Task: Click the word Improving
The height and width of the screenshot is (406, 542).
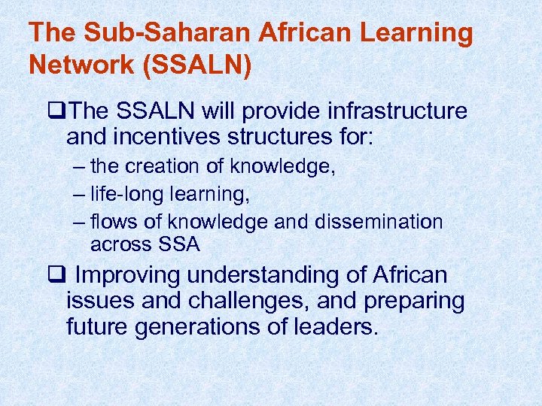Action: (x=129, y=276)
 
